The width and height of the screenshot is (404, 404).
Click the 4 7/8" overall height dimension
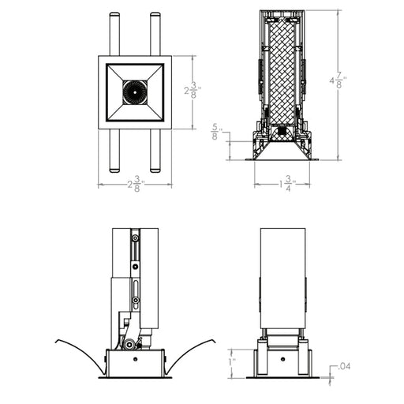pyautogui.click(x=338, y=80)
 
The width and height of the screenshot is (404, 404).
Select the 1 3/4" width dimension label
pyautogui.click(x=287, y=184)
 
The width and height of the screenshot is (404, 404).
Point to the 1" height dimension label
pyautogui.click(x=233, y=362)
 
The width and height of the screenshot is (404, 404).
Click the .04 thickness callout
pyautogui.click(x=344, y=366)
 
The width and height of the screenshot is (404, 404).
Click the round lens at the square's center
pyautogui.click(x=135, y=92)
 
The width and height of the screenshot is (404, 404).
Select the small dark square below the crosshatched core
pyautogui.click(x=282, y=131)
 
